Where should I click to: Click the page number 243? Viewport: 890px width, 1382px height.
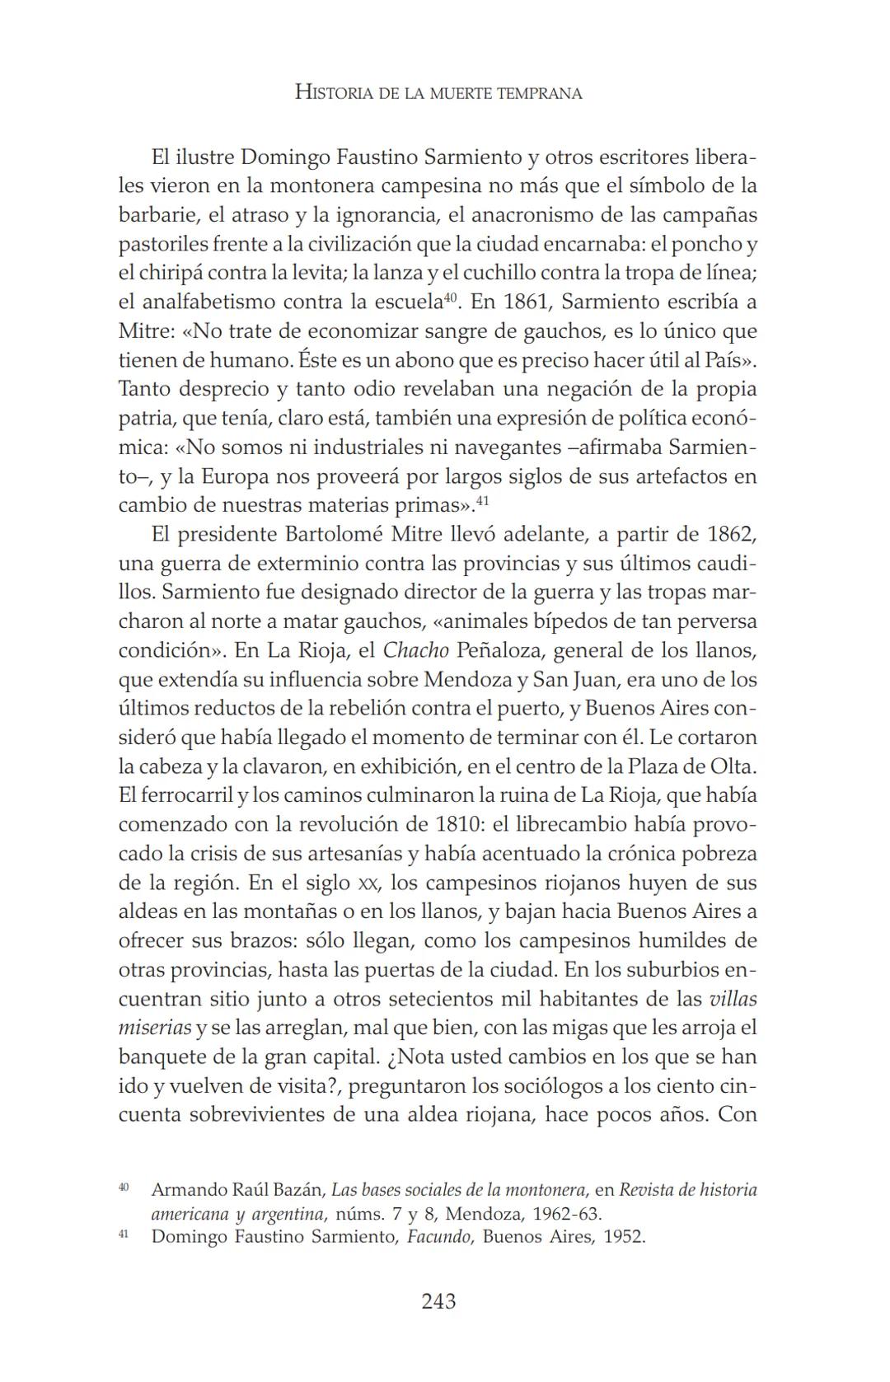(x=438, y=1301)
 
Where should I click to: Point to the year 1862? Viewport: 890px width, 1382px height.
(x=732, y=534)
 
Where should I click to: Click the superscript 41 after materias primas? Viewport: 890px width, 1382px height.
(x=484, y=499)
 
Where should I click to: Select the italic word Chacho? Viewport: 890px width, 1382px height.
(x=415, y=650)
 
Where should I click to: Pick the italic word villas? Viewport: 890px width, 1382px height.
(x=733, y=999)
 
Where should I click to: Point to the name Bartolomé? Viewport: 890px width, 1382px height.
(x=334, y=534)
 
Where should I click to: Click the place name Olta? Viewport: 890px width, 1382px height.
(x=731, y=766)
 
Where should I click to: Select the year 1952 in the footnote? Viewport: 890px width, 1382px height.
(x=624, y=1237)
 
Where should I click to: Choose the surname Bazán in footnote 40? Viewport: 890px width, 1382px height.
(x=298, y=1190)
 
